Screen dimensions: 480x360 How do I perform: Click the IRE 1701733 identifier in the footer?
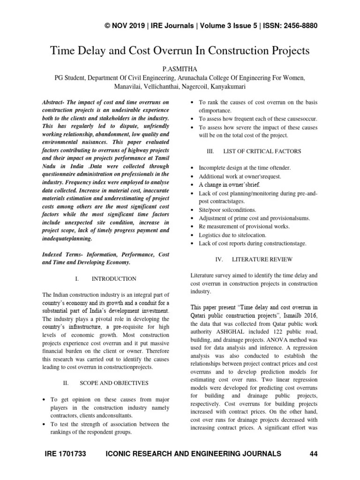[x=66, y=453]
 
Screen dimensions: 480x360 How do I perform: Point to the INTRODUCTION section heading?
[x=114, y=279]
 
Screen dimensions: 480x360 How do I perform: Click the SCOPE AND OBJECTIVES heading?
[x=114, y=383]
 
